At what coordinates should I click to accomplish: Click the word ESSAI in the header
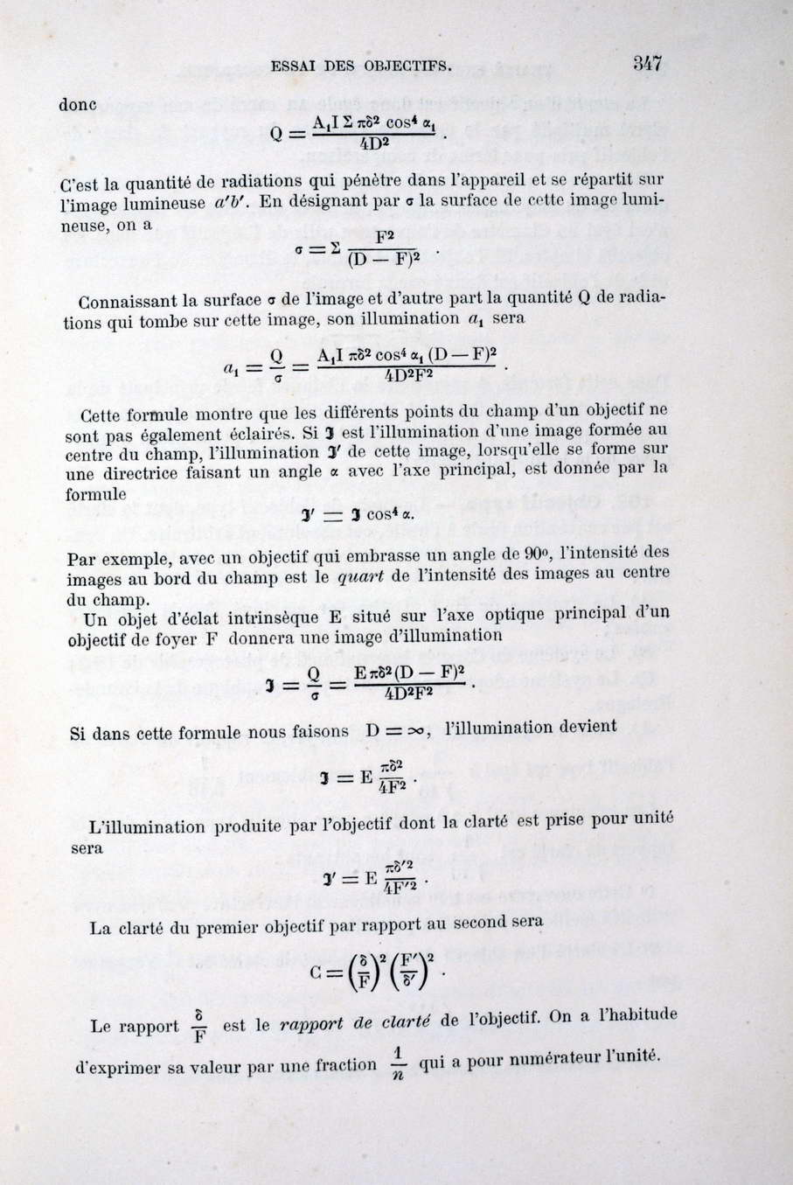coord(294,65)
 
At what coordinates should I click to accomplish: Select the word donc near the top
coord(77,105)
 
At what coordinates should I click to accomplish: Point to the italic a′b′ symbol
coord(231,204)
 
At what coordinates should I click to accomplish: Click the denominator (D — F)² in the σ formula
coord(385,258)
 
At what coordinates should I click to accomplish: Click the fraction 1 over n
coord(397,1063)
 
